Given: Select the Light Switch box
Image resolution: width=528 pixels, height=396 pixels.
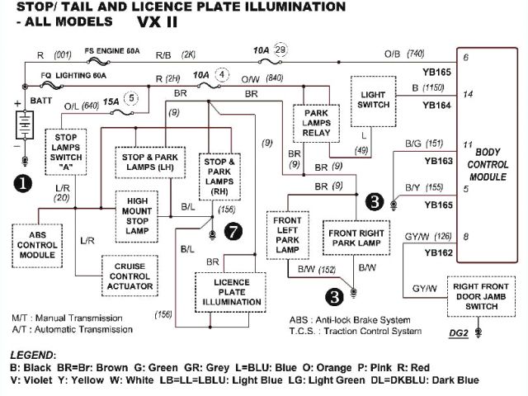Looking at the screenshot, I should tap(372, 101).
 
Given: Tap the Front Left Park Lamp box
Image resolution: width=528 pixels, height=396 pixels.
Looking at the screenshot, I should tap(288, 234).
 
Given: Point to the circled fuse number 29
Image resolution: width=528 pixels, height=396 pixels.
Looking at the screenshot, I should tap(281, 51).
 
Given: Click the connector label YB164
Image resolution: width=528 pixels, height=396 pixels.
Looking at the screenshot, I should tap(437, 106).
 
